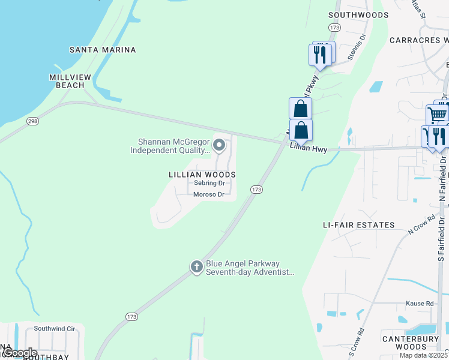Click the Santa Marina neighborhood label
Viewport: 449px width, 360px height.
click(103, 50)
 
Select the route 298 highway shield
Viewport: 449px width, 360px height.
click(32, 121)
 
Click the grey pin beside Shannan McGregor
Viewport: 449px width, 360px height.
click(220, 145)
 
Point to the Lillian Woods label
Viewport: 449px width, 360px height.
click(202, 174)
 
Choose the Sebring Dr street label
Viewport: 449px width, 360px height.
click(209, 183)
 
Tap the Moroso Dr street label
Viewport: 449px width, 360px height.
click(208, 194)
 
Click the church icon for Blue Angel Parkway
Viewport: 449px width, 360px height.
click(196, 267)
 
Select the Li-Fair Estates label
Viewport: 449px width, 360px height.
click(359, 225)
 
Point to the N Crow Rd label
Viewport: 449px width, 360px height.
click(421, 224)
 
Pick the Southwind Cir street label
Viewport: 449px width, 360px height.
click(55, 329)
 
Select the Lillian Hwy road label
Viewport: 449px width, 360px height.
click(309, 148)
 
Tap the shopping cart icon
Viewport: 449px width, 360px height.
click(438, 114)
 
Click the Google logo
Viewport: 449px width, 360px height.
click(19, 353)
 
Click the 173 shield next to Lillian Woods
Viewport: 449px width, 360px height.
click(256, 190)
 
